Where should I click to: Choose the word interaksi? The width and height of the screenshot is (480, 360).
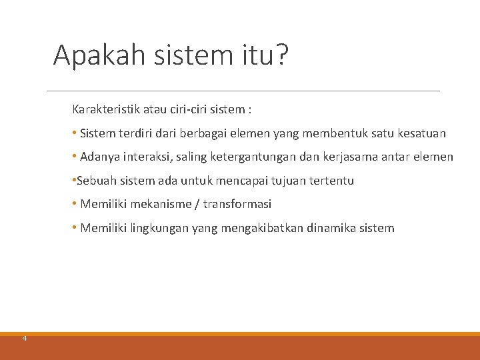(142, 157)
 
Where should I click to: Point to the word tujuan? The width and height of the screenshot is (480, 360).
(291, 181)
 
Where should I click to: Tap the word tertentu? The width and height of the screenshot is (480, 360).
(333, 181)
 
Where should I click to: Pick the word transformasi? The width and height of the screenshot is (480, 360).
(237, 204)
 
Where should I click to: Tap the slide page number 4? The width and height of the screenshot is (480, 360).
(25, 339)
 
